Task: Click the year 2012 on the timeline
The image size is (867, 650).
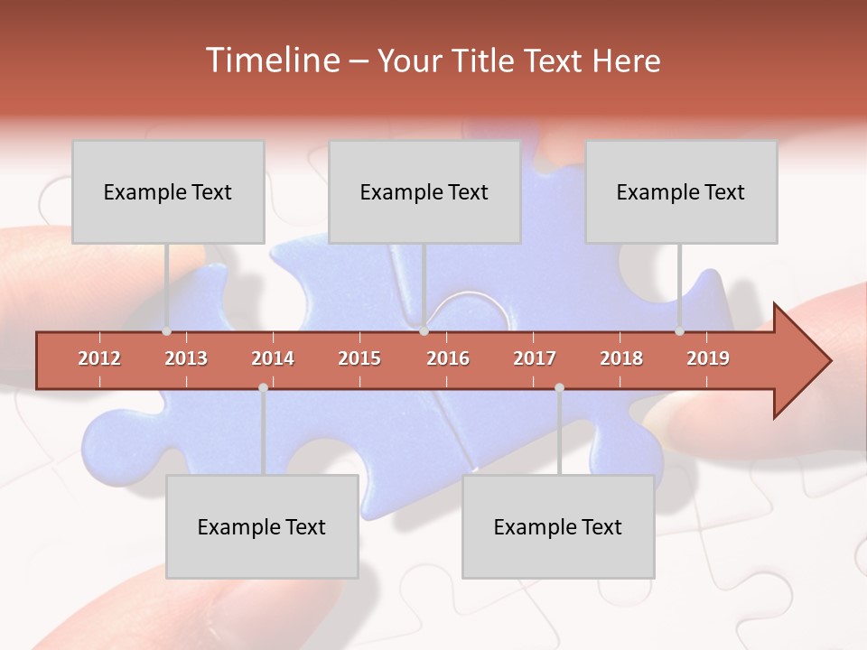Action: (99, 358)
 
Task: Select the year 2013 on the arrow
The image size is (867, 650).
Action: (186, 358)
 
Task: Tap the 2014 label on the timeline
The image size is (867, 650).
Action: (273, 358)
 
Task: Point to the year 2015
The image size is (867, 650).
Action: (359, 358)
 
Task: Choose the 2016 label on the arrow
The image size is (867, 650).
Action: (448, 358)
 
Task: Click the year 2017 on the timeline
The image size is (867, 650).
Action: (535, 358)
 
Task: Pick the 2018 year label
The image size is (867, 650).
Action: (621, 358)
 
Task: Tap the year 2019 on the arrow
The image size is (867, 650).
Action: (708, 358)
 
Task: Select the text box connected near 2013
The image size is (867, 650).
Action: (168, 192)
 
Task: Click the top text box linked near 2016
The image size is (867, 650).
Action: (424, 192)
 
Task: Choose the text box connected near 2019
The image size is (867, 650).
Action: (681, 192)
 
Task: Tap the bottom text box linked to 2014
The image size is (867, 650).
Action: (262, 527)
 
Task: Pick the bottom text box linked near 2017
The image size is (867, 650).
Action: (558, 527)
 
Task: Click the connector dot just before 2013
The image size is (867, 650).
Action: (167, 331)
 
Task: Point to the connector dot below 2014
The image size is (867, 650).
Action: (263, 388)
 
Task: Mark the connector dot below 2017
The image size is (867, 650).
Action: (559, 388)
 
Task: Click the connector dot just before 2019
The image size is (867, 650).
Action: (680, 331)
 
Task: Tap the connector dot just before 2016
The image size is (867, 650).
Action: (424, 331)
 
